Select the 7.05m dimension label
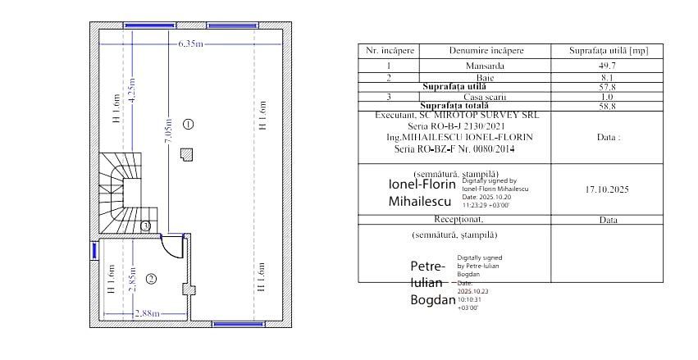click(168, 130)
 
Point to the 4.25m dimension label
click(132, 90)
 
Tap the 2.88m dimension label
click(148, 313)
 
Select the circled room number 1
click(188, 124)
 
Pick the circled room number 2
click(151, 279)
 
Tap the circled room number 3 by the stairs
click(145, 226)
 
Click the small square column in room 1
click(188, 153)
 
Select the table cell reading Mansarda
click(485, 64)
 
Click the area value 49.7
click(608, 64)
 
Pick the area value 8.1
click(608, 76)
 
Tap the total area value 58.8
click(608, 106)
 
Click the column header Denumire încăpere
click(486, 51)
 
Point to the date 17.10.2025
click(608, 189)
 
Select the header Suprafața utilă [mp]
click(608, 51)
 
